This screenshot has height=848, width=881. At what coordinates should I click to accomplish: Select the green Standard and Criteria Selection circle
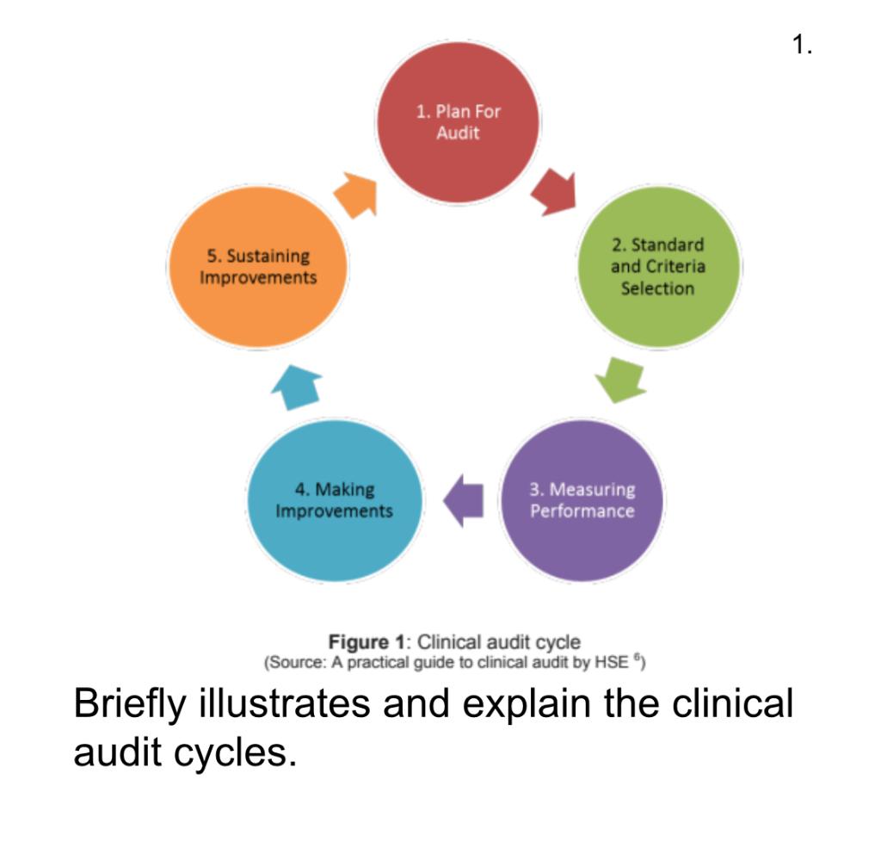tap(657, 267)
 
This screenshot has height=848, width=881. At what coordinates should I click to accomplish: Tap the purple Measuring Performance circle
tap(582, 500)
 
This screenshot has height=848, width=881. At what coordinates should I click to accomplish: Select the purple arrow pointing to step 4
tap(463, 500)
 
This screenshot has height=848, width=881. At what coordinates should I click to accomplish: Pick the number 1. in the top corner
tap(802, 45)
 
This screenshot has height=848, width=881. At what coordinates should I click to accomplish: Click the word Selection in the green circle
tap(657, 288)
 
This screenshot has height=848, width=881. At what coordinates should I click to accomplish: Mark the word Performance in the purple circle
tap(582, 511)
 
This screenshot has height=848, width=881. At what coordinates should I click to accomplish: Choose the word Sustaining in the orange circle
tap(258, 256)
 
